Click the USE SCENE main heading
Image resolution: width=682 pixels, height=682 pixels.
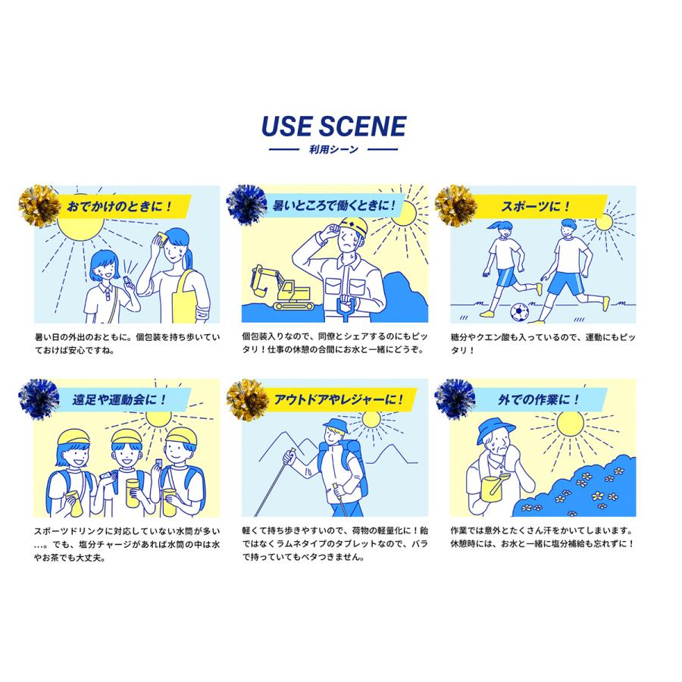coord(333,126)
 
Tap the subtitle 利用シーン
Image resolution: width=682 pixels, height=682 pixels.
coord(333,149)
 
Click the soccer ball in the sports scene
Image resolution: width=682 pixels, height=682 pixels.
coord(519,312)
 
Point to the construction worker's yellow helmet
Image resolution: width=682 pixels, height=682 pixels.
coord(352,227)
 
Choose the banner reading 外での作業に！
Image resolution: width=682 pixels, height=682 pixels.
coord(539,399)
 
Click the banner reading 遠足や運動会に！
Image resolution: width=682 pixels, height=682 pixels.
coord(120,399)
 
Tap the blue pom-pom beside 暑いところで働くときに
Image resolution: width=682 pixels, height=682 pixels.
coord(246,205)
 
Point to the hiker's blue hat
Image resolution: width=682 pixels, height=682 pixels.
coord(336,424)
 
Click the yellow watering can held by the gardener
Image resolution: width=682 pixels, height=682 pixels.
coord(496,487)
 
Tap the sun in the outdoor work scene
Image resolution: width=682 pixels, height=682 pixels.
coord(570,424)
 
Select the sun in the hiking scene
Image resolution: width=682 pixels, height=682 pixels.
coord(371,420)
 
